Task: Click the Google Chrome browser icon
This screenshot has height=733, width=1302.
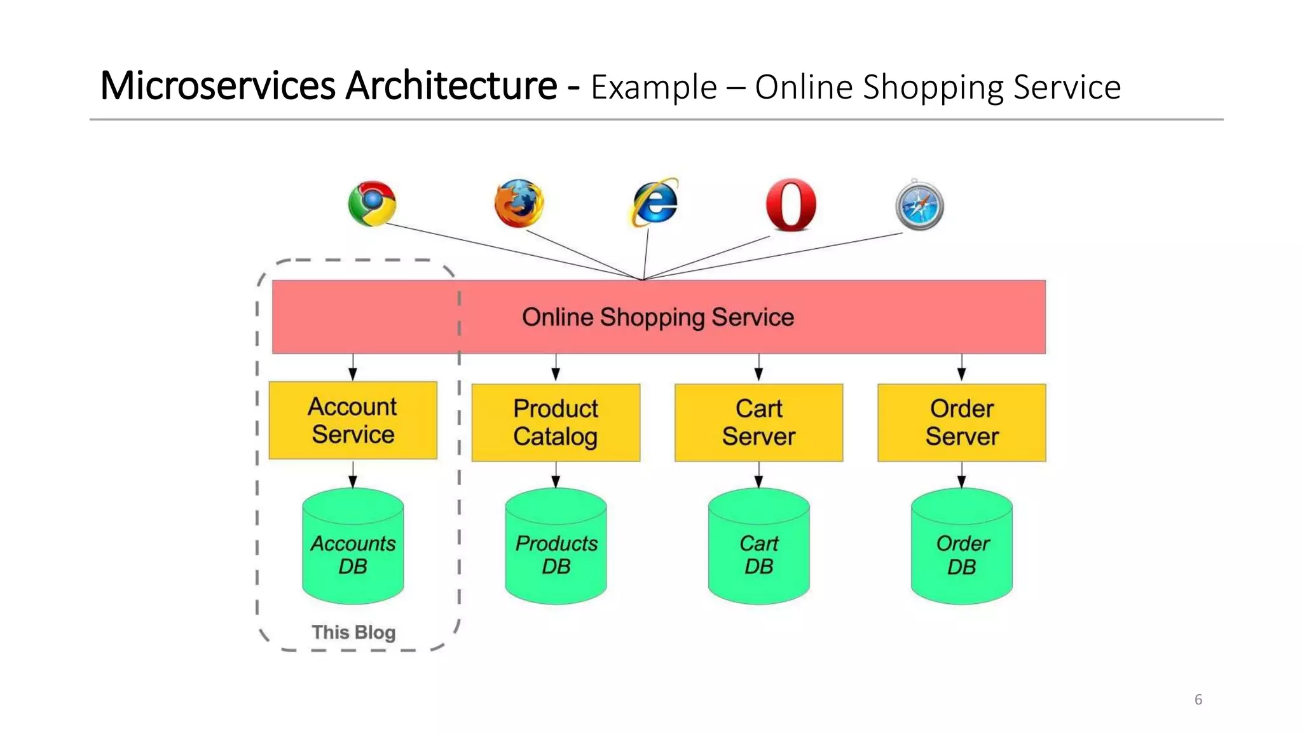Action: (x=373, y=204)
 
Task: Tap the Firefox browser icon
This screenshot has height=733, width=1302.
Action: (x=519, y=204)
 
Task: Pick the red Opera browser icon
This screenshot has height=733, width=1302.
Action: (x=791, y=204)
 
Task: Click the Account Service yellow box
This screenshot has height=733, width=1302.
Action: (x=353, y=421)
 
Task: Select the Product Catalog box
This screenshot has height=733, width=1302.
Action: (x=556, y=422)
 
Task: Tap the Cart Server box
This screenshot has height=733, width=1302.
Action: (x=758, y=422)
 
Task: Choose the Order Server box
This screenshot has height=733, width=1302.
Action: (x=961, y=422)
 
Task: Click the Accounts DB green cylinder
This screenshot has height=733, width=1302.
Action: (x=353, y=547)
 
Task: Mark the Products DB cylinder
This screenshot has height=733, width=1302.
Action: (x=556, y=547)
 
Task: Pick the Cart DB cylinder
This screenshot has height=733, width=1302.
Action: (x=758, y=547)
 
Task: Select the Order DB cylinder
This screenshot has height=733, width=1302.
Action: (x=961, y=547)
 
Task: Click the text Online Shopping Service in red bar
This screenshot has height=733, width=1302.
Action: (x=658, y=317)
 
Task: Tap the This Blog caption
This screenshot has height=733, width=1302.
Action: (x=353, y=632)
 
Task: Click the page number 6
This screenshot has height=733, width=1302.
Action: (x=1198, y=699)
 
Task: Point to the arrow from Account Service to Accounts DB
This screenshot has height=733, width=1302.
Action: (x=353, y=475)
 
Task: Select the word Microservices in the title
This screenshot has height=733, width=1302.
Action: (x=217, y=86)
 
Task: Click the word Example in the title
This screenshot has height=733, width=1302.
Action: (x=654, y=88)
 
